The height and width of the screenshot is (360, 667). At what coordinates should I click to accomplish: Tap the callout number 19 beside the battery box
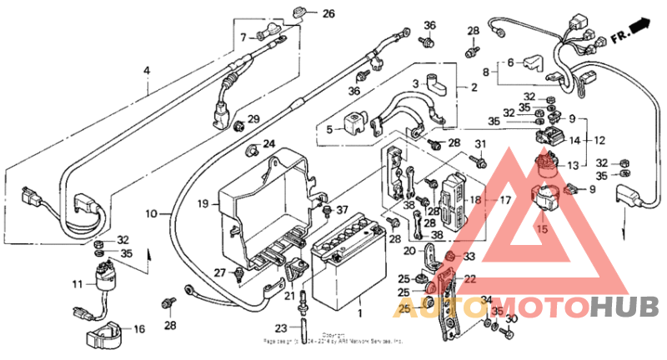(202, 202)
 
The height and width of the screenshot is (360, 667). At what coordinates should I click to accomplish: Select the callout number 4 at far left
(147, 71)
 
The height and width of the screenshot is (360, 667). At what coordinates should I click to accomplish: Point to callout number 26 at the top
(328, 14)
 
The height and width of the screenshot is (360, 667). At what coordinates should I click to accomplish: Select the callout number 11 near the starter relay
(77, 284)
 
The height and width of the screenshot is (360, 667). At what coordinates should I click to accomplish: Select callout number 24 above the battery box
(269, 144)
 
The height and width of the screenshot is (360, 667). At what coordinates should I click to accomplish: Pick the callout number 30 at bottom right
(512, 319)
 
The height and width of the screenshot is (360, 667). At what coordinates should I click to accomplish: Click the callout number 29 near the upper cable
(253, 118)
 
